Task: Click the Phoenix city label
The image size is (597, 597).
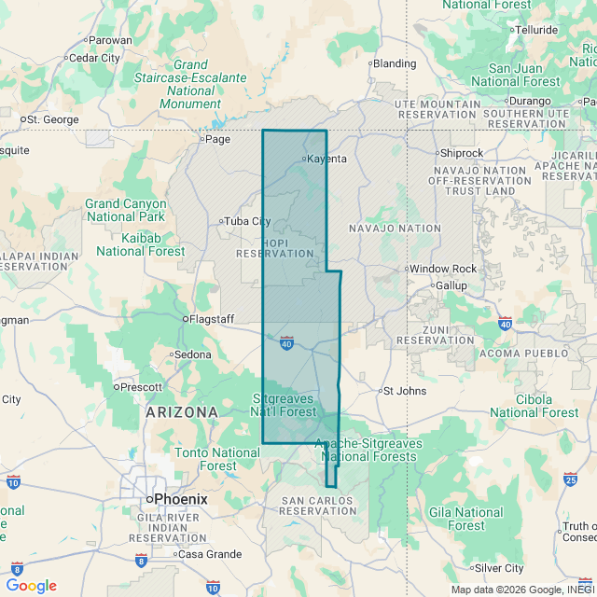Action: pos(180,499)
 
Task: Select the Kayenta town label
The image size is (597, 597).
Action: pos(326,159)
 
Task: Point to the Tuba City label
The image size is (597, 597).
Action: pos(247,221)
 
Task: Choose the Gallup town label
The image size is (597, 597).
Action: pos(451,285)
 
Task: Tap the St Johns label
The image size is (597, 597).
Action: pos(405,391)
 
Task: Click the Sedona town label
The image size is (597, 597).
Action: pos(193,354)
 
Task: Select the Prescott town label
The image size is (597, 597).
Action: pos(141,386)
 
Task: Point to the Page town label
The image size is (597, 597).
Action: pos(216,139)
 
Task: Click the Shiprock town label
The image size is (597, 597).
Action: pos(463,152)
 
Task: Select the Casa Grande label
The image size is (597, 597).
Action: pos(210,554)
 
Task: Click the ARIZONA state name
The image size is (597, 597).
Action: pos(182,411)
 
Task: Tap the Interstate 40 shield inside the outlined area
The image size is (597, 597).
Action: pos(286,343)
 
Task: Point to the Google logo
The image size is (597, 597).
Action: pos(32,585)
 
